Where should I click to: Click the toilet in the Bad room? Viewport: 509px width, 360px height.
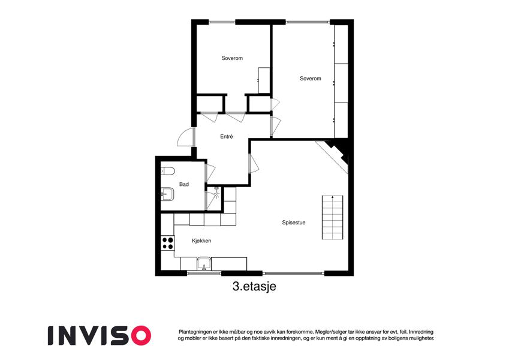pos(168,170)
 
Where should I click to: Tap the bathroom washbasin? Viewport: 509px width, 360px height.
pos(167,194)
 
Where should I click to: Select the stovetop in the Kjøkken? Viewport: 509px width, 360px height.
pos(168,243)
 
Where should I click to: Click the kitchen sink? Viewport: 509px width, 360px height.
pos(204,264)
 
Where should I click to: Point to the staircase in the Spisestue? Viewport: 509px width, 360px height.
pos(332,218)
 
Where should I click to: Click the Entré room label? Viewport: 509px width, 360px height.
pos(227,137)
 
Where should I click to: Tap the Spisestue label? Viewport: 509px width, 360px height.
pos(294,223)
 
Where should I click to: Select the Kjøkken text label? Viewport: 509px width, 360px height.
pos(201,241)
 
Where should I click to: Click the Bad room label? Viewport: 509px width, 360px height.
pos(184,184)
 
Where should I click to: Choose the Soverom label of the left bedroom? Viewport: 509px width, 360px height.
pos(232,58)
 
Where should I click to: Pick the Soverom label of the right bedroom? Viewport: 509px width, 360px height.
pos(311,79)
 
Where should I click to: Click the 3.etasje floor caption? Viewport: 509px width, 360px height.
pos(254,286)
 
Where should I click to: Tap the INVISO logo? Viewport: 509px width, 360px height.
pos(100,335)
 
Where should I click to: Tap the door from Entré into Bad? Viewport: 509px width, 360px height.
pos(210,173)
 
